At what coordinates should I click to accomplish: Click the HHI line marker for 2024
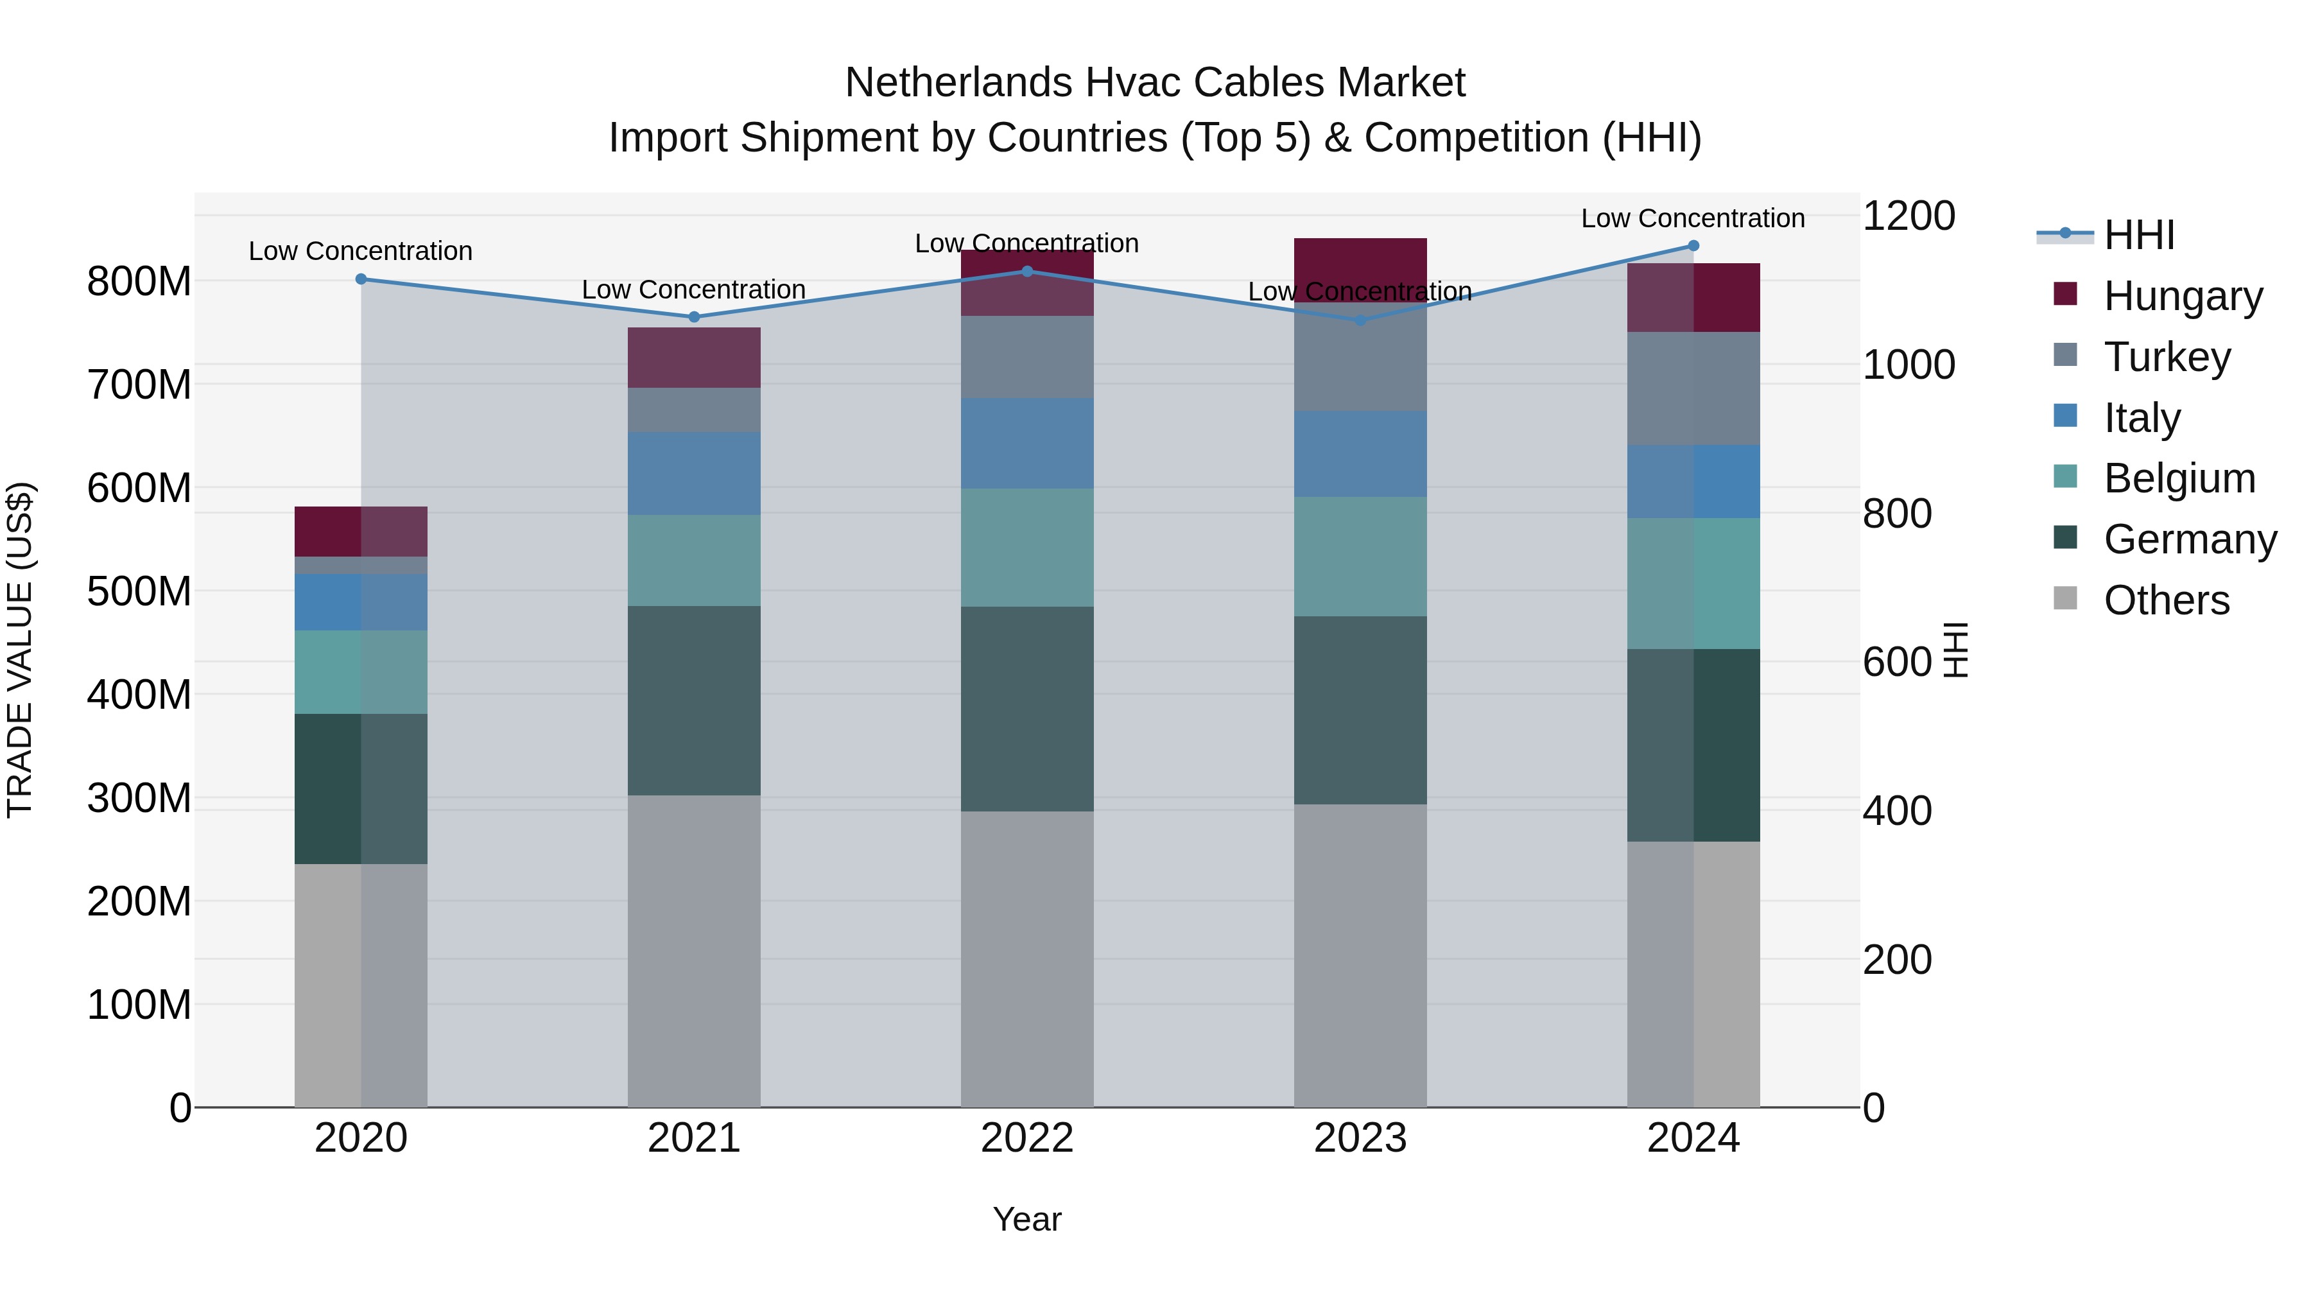tap(1693, 246)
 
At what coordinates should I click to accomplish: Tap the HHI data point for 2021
tap(693, 316)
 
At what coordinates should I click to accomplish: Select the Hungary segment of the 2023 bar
tap(1360, 269)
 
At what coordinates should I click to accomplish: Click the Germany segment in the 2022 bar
tap(1027, 709)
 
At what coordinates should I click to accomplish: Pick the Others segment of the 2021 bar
tap(693, 951)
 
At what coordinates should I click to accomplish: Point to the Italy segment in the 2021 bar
tap(693, 474)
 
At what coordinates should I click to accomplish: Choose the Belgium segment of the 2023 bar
tap(1360, 556)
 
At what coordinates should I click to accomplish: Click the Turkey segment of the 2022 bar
tap(1027, 357)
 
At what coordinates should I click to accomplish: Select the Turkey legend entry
tap(2166, 357)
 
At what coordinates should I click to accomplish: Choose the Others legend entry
tap(2166, 600)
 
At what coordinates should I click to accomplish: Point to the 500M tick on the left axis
tap(139, 591)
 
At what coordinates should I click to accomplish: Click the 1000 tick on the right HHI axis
tap(1909, 365)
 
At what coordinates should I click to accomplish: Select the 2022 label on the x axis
tap(1027, 1138)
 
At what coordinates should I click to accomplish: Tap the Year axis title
tap(1027, 1219)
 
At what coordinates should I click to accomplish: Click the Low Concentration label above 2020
tap(361, 251)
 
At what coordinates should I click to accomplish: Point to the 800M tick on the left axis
tap(139, 282)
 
